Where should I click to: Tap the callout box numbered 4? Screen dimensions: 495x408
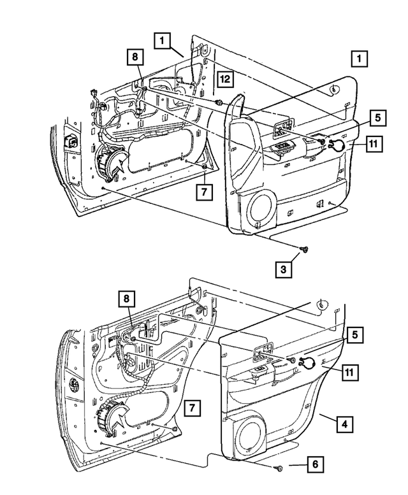pos(344,422)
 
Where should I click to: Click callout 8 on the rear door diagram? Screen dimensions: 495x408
pos(126,298)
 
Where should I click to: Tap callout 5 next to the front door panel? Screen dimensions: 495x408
pos(377,117)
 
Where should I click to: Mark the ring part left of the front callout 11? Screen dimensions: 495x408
pos(339,145)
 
